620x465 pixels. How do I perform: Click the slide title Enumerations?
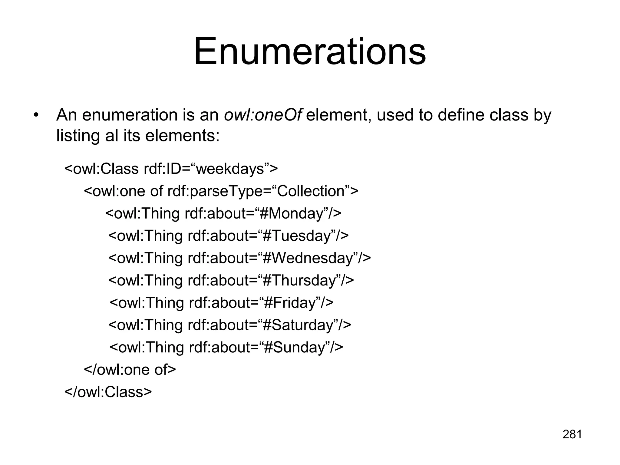(x=310, y=51)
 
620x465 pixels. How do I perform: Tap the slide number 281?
(x=572, y=434)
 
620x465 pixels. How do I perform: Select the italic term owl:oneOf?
(x=263, y=115)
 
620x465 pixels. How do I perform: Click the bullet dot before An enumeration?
(x=36, y=116)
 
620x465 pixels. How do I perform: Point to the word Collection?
(x=311, y=191)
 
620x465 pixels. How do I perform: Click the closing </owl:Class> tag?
(x=108, y=392)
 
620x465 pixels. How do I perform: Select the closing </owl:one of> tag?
(x=130, y=370)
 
